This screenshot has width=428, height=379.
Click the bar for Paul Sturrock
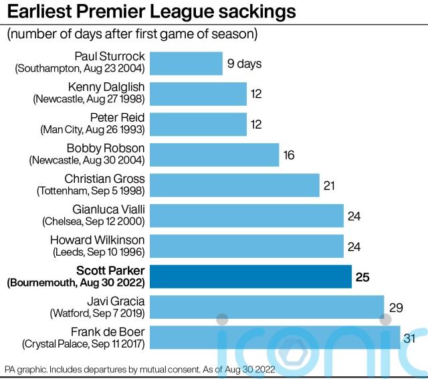(x=186, y=64)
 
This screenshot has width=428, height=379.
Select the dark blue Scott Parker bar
(x=251, y=276)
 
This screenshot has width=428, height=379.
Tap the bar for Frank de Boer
(x=274, y=337)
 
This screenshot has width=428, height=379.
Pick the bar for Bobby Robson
(x=214, y=155)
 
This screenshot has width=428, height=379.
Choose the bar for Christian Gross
(x=234, y=185)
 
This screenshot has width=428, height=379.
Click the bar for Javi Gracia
(x=266, y=307)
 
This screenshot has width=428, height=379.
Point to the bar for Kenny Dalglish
(x=198, y=94)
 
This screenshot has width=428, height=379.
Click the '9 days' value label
(x=244, y=64)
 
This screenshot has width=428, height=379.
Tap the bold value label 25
(x=362, y=277)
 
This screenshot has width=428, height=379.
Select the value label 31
(x=410, y=338)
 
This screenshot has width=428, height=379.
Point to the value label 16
(x=289, y=155)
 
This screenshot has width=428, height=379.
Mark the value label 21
(x=328, y=185)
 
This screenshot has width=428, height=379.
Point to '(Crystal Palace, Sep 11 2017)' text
(x=84, y=344)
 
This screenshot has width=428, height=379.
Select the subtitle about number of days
(x=132, y=34)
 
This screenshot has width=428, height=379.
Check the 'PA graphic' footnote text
(x=140, y=369)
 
